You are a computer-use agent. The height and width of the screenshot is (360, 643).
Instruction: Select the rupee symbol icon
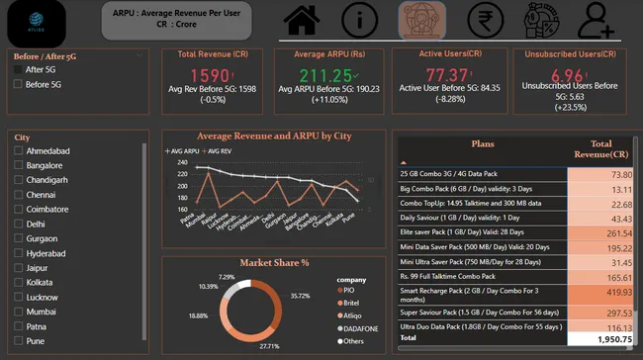pyautogui.click(x=482, y=20)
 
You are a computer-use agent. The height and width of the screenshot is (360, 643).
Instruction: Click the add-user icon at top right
pyautogui.click(x=597, y=20)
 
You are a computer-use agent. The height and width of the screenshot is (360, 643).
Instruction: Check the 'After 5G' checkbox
pyautogui.click(x=17, y=69)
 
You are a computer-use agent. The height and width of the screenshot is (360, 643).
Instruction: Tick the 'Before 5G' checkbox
pyautogui.click(x=17, y=84)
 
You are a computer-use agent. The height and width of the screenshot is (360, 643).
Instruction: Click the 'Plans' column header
pyautogui.click(x=483, y=142)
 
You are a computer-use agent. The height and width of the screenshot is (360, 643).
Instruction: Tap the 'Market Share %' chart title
pyautogui.click(x=274, y=263)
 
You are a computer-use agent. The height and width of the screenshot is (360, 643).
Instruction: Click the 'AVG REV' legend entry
pyautogui.click(x=220, y=150)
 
